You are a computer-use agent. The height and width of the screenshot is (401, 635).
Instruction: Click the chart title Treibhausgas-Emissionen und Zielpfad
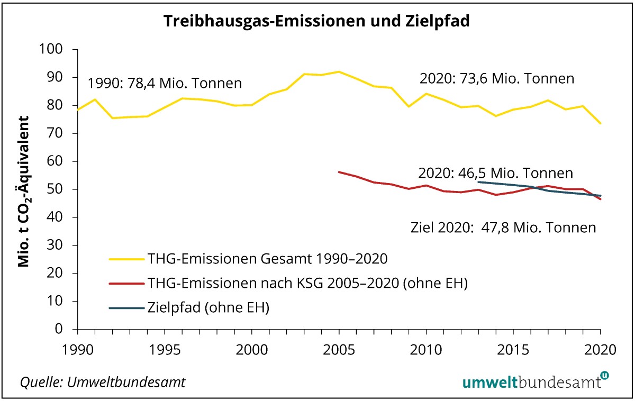click(316, 21)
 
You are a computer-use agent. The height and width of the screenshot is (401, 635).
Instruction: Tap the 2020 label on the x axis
click(600, 350)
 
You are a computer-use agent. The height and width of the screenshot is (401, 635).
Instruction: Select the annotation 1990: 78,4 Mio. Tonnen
click(165, 84)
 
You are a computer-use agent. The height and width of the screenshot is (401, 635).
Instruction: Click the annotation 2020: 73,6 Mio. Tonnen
click(496, 79)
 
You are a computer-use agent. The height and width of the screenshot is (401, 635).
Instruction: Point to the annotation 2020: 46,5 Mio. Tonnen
click(495, 173)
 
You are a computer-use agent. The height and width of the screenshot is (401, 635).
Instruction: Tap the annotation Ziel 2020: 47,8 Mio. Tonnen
click(503, 228)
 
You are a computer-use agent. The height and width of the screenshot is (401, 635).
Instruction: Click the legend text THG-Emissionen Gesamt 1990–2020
click(269, 259)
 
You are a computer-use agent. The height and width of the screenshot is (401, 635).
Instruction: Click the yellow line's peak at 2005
click(339, 71)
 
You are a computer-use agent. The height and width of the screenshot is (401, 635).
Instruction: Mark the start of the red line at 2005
click(339, 172)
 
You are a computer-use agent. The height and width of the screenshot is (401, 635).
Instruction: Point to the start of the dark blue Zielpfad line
click(478, 181)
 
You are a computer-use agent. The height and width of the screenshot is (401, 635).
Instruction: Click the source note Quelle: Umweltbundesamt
click(103, 382)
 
